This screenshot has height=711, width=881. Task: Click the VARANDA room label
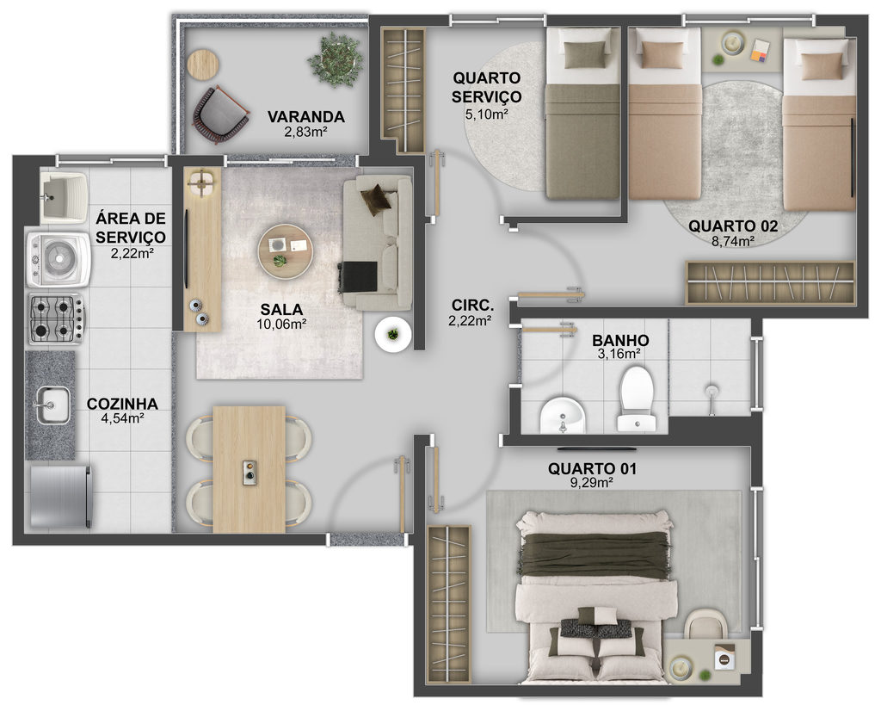point(305,117)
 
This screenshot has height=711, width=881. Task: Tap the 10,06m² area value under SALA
point(281,325)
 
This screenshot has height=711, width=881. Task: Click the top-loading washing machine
point(59,259)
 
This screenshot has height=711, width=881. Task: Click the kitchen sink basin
point(53,405)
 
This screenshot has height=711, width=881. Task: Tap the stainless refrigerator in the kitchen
point(61,497)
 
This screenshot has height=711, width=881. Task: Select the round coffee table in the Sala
point(286,252)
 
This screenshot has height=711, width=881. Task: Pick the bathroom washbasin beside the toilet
point(563,415)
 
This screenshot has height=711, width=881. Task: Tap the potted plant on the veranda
point(335,59)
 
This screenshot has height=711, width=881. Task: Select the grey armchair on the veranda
point(220,115)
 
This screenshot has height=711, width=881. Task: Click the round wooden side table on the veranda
point(203,65)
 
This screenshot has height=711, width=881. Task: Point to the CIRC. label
point(472,306)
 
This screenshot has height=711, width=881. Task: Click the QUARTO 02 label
point(733,226)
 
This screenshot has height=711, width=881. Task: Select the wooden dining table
point(249,469)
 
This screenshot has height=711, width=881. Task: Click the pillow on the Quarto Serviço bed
point(586,55)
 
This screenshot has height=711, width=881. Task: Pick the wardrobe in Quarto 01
point(448,603)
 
